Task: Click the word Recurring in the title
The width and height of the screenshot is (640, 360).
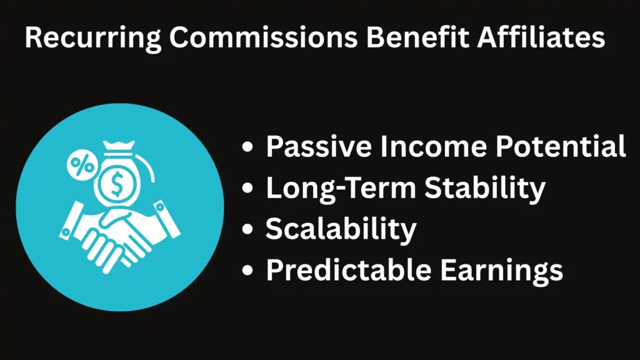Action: [x=93, y=38]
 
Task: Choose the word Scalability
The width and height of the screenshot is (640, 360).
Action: [x=341, y=230]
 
